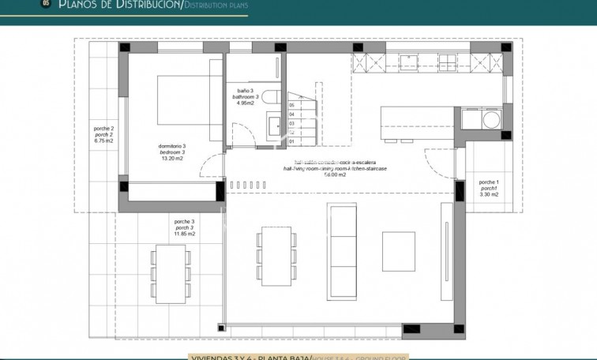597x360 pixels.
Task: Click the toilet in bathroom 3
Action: point(269,98)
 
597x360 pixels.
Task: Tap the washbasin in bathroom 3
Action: point(273,125)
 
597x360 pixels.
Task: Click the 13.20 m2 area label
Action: point(172,159)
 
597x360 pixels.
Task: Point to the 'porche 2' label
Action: point(103,128)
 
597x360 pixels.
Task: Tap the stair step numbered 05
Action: point(291,105)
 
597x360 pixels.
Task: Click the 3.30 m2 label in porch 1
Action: point(489,194)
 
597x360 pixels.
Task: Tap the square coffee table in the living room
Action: point(398,250)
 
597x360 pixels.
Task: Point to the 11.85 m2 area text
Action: point(184,234)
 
